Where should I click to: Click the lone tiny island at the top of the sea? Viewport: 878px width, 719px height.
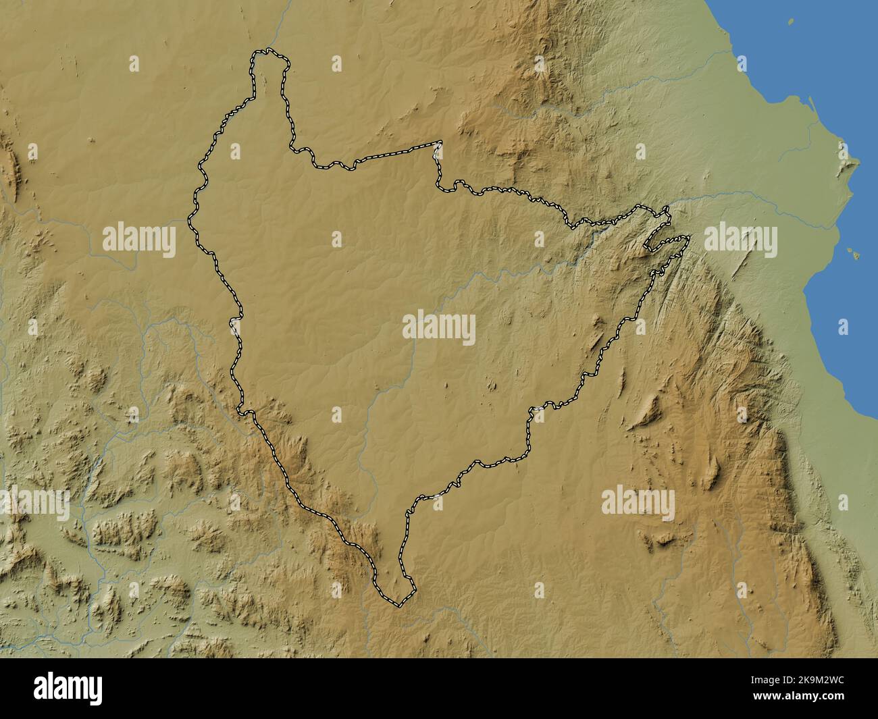(791, 22)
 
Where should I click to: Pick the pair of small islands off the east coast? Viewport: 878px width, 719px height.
(854, 252)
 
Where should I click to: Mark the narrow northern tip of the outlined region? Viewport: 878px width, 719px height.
(269, 57)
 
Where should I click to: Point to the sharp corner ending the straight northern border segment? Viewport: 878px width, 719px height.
(440, 142)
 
